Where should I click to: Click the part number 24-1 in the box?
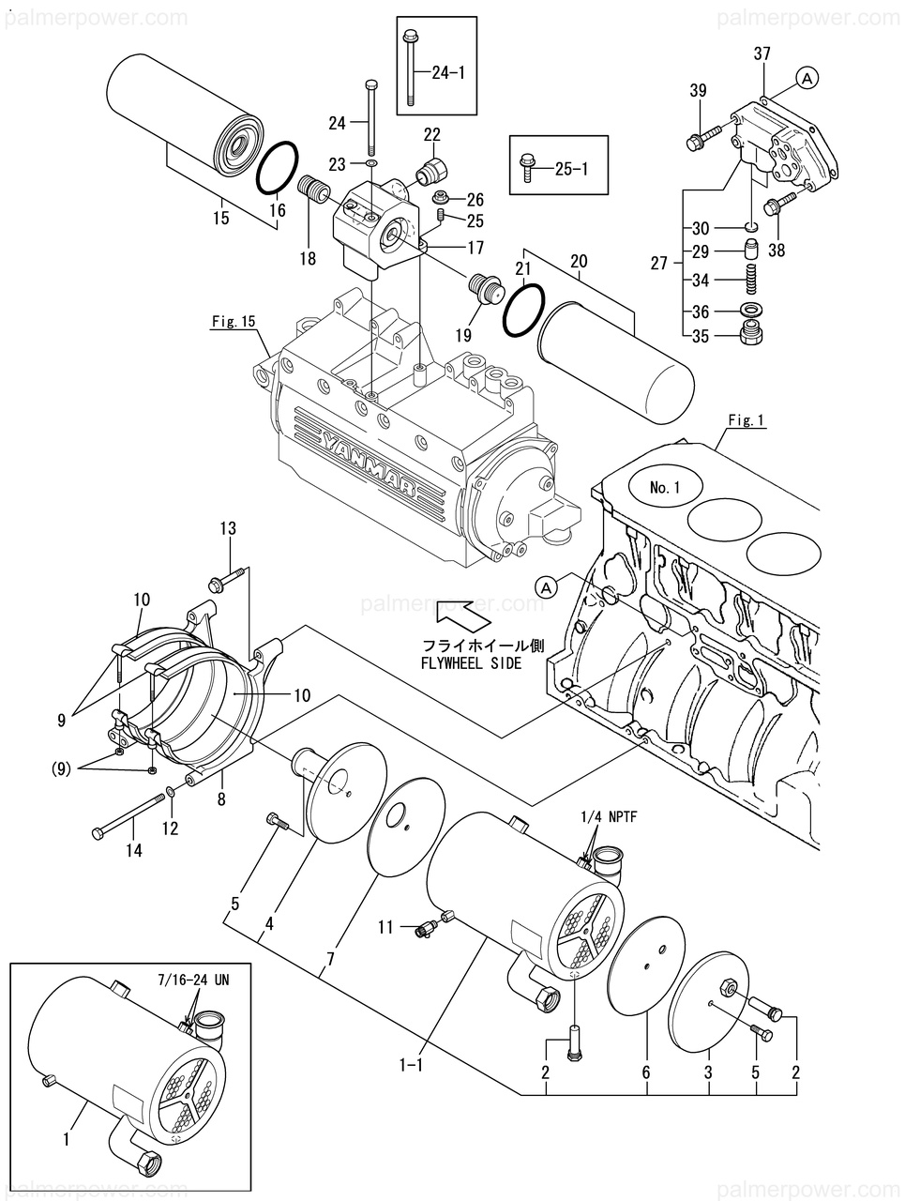click(448, 72)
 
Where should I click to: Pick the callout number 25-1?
click(571, 169)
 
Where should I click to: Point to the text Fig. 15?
click(234, 321)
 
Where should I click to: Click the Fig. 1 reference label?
click(747, 420)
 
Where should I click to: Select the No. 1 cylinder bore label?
click(664, 487)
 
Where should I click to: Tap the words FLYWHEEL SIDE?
click(470, 663)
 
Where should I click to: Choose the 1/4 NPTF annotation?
click(608, 817)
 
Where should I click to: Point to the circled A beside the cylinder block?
click(546, 587)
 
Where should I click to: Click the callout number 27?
click(659, 264)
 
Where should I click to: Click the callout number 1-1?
click(411, 1064)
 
